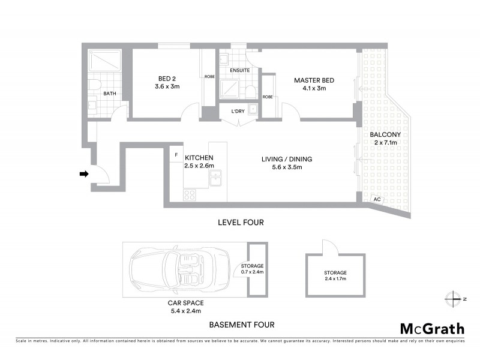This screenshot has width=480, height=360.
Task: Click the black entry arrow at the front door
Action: [x=84, y=174]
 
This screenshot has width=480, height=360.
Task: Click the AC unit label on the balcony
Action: [x=377, y=199]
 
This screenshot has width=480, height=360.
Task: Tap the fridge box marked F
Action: [x=176, y=155]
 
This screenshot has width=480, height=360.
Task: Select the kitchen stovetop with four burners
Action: [x=190, y=194]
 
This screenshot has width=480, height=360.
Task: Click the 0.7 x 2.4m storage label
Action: [x=252, y=272]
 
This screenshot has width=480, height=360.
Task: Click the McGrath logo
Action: [x=431, y=328]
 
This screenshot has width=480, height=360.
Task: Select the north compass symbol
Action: [x=452, y=298]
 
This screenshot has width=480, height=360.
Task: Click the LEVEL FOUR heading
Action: [x=240, y=223]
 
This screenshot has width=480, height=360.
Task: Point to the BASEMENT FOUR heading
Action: [x=241, y=325]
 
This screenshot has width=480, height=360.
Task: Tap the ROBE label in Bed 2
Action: [x=209, y=77]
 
